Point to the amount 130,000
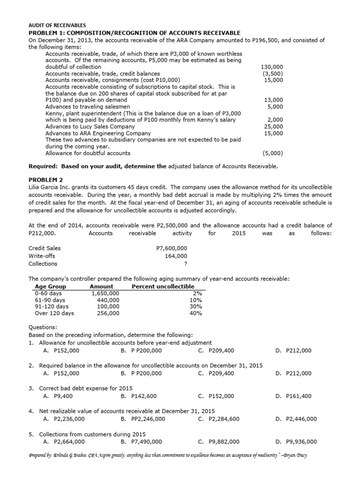(x=271, y=67)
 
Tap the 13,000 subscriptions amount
(x=273, y=100)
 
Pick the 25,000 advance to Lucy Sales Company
(x=273, y=127)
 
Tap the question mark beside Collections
(x=186, y=263)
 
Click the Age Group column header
(x=50, y=286)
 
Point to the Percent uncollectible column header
(x=163, y=286)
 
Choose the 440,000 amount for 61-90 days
(x=108, y=300)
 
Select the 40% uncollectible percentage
(x=195, y=313)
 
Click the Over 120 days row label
(x=54, y=313)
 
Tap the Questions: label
(x=43, y=328)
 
